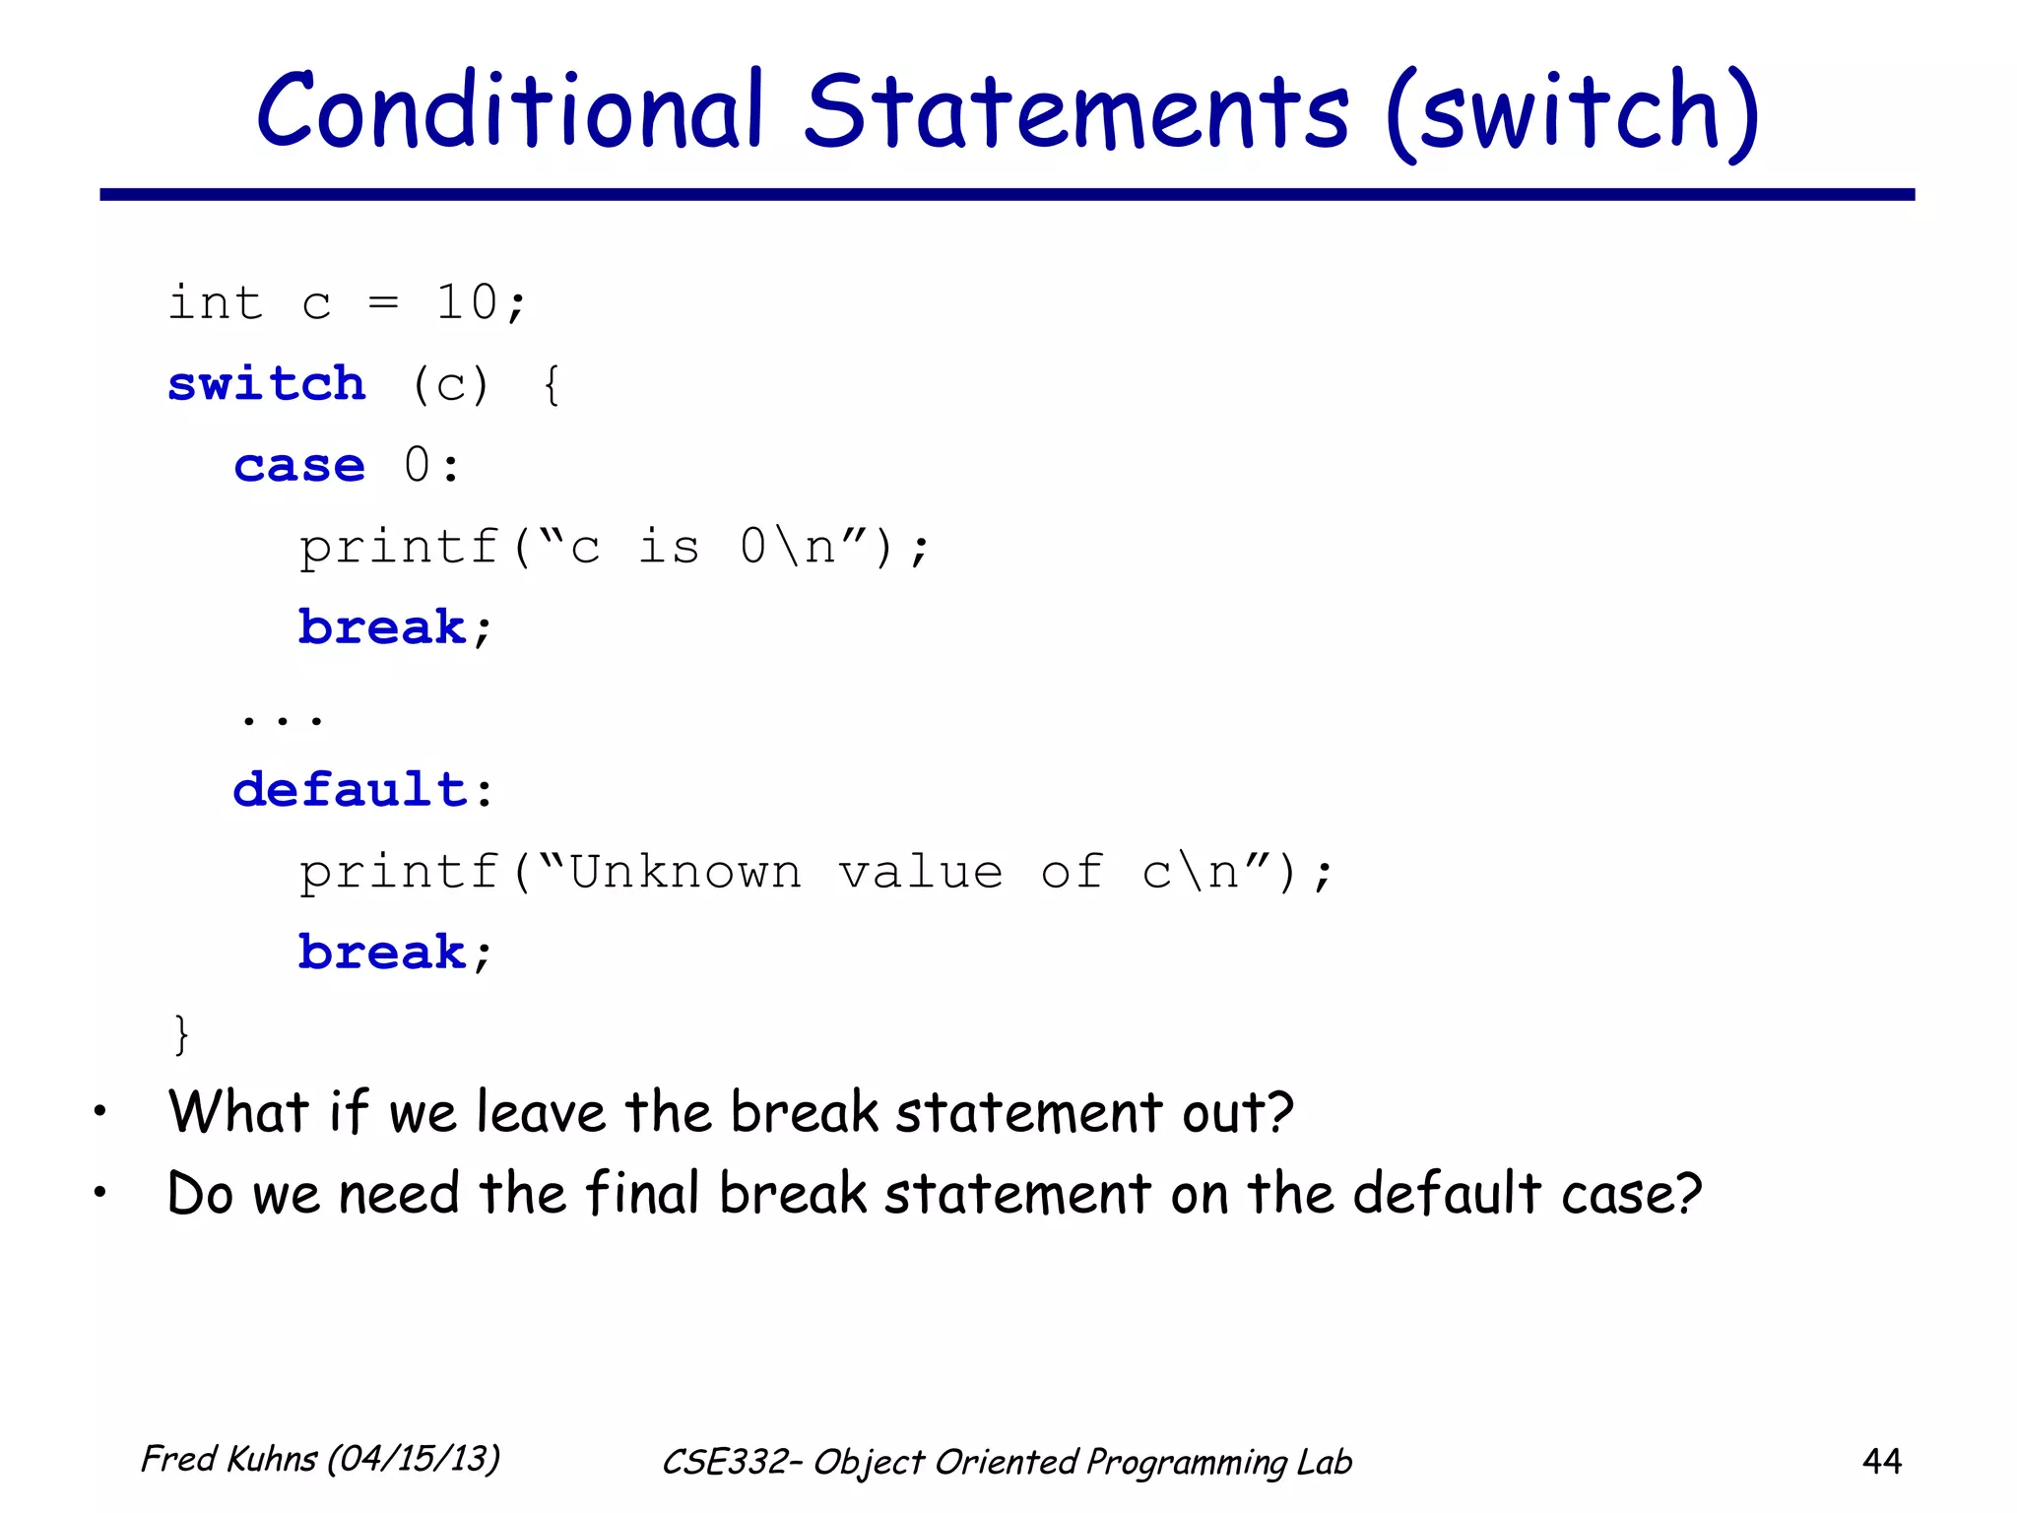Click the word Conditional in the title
point(509,110)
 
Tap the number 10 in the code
point(466,302)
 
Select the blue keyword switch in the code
point(267,383)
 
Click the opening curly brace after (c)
point(552,385)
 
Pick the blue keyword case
point(299,465)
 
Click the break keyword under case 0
point(382,627)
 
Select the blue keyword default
point(350,790)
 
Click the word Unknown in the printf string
point(685,872)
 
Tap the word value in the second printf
point(921,872)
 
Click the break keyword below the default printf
point(382,953)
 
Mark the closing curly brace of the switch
point(180,1034)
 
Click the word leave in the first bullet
point(541,1113)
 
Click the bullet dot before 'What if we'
point(99,1113)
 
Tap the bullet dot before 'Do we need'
point(99,1194)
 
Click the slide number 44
point(1881,1461)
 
